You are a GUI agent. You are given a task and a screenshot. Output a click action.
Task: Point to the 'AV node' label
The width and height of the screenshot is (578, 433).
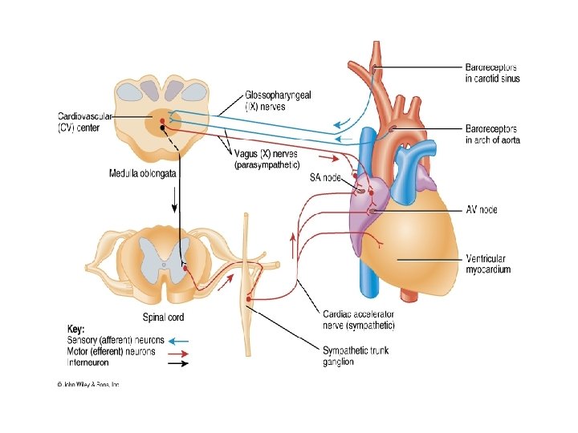pyautogui.click(x=481, y=210)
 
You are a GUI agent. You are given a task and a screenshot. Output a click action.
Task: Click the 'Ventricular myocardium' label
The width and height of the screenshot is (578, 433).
pyautogui.click(x=487, y=264)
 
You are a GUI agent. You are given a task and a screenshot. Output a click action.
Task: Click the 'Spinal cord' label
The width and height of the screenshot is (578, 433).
pyautogui.click(x=163, y=317)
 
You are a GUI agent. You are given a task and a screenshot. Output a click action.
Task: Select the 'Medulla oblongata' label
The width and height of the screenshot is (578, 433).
pyautogui.click(x=142, y=173)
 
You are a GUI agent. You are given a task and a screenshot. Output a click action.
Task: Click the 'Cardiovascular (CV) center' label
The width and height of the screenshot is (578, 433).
pyautogui.click(x=83, y=121)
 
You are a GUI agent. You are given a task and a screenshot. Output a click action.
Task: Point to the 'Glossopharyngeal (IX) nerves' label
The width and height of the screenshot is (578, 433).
pyautogui.click(x=278, y=100)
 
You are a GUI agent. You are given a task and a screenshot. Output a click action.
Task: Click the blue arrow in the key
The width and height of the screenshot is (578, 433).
pyautogui.click(x=178, y=340)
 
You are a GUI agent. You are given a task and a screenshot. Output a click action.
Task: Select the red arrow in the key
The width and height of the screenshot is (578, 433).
pyautogui.click(x=178, y=351)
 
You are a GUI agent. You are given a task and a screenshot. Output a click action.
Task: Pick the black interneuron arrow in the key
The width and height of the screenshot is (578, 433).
pyautogui.click(x=178, y=362)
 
